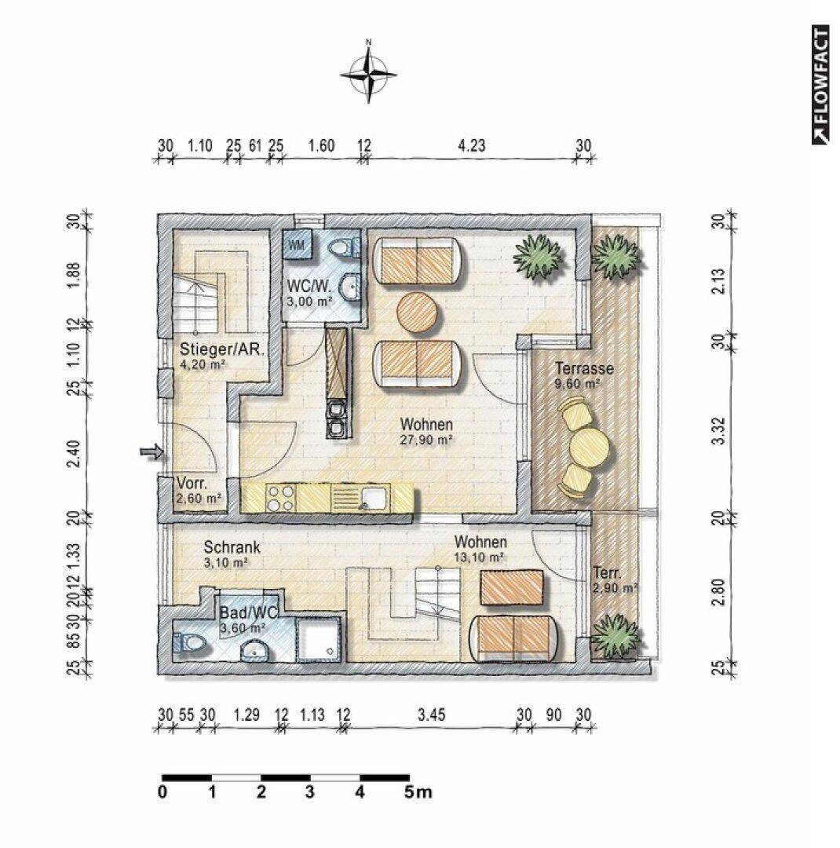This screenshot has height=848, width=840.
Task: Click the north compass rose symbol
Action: [369, 74]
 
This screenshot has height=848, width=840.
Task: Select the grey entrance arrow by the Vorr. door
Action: [152, 451]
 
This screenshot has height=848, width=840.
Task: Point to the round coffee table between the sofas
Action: [417, 312]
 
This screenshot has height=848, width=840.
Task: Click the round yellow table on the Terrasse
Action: [590, 446]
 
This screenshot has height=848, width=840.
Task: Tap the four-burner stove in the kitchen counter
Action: [281, 498]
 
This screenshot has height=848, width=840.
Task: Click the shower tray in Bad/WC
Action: [320, 640]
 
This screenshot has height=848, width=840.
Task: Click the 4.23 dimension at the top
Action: [472, 145]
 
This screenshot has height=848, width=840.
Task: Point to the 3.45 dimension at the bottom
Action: [431, 715]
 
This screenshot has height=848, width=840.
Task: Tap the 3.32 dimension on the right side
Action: [718, 430]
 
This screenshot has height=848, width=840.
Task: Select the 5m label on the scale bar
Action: [418, 793]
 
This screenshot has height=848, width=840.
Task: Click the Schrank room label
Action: [232, 546]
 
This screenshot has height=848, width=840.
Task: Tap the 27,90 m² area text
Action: [426, 440]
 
